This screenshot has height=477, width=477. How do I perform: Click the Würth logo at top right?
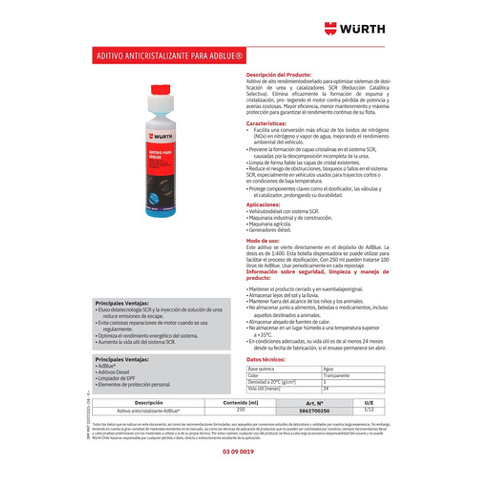(x=355, y=28)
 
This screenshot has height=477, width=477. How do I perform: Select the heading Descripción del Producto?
(x=278, y=74)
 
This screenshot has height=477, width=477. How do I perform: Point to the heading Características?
(x=267, y=124)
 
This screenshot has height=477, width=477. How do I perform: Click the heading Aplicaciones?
(x=263, y=205)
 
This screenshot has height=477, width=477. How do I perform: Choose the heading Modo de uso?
(x=262, y=241)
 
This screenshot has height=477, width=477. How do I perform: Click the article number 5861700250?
(x=314, y=410)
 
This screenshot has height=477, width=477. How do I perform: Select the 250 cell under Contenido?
(x=241, y=410)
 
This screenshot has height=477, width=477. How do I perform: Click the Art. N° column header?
(x=314, y=403)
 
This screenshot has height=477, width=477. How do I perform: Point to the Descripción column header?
(x=149, y=403)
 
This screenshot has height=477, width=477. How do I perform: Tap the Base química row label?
(x=262, y=369)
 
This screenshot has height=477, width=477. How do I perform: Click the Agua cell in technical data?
(x=328, y=369)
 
